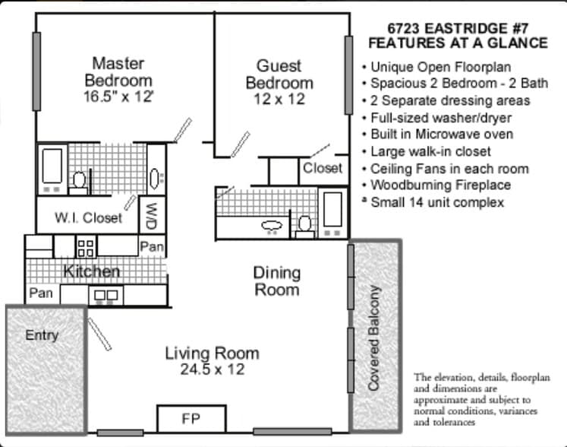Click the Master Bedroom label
[118, 71]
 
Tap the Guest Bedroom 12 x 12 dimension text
[279, 100]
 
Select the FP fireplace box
[191, 419]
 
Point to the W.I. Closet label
[88, 218]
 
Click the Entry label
[42, 335]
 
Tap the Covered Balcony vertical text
[373, 338]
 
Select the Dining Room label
[276, 281]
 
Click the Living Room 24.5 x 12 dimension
[212, 370]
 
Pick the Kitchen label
[91, 271]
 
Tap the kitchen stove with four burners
[86, 246]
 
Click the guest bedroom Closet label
[323, 168]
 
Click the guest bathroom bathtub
[332, 211]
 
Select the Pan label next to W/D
[152, 246]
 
